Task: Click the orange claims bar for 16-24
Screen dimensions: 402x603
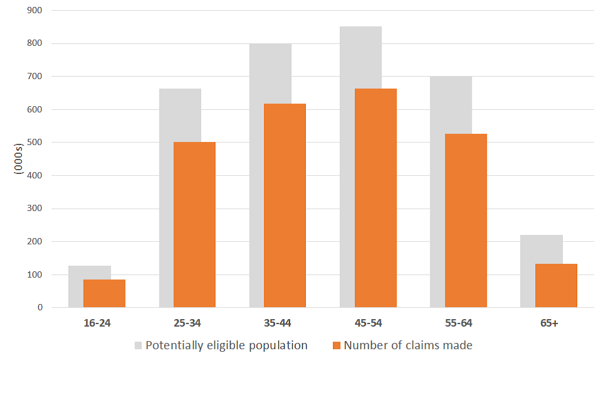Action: pos(104,293)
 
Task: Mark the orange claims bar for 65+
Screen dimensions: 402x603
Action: pos(556,286)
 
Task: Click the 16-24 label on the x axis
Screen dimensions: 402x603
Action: pos(96,323)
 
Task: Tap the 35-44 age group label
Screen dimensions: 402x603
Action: pos(277,323)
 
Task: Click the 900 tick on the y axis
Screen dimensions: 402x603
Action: pos(34,11)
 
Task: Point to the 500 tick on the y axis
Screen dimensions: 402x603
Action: pos(34,143)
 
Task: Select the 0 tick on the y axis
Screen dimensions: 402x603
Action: pos(40,308)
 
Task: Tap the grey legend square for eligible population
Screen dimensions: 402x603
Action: pos(138,345)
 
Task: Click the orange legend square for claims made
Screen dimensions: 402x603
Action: pos(337,345)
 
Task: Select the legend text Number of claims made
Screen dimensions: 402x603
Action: pos(408,345)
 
